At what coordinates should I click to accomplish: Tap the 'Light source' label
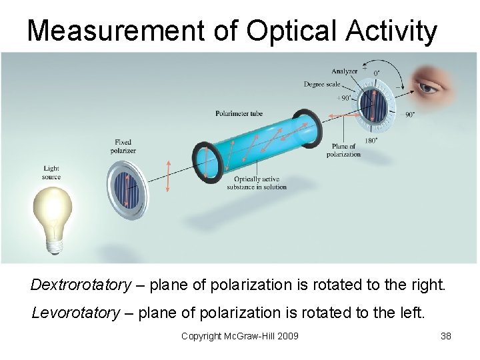pyautogui.click(x=51, y=173)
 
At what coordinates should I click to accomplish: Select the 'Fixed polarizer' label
pyautogui.click(x=123, y=146)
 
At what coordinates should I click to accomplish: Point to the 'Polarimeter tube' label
pyautogui.click(x=239, y=113)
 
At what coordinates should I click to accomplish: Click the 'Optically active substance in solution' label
pyautogui.click(x=256, y=183)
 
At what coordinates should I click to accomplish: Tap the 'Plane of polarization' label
pyautogui.click(x=343, y=151)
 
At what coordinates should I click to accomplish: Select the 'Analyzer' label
pyautogui.click(x=344, y=71)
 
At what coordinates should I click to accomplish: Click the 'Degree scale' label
pyautogui.click(x=322, y=85)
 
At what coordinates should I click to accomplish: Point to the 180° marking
pyautogui.click(x=369, y=141)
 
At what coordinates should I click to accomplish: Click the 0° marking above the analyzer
pyautogui.click(x=377, y=73)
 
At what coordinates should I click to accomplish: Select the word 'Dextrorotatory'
pyautogui.click(x=81, y=285)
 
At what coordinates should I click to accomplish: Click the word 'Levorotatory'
pyautogui.click(x=76, y=312)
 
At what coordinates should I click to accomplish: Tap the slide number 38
pyautogui.click(x=446, y=336)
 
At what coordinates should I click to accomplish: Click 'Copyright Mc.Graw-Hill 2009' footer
pyautogui.click(x=239, y=336)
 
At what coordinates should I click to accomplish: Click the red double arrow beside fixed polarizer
pyautogui.click(x=168, y=176)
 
